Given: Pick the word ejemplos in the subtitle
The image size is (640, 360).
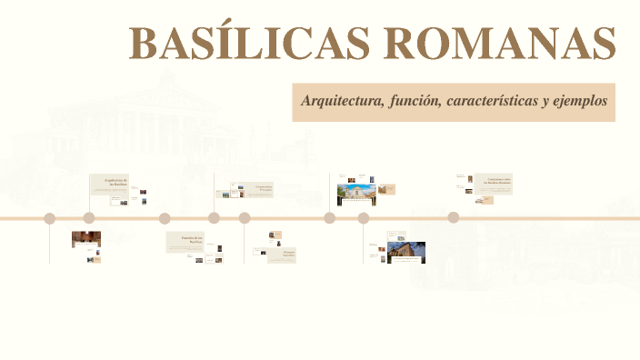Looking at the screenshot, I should (578, 101).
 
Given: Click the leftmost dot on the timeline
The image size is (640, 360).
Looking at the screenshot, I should (50, 218).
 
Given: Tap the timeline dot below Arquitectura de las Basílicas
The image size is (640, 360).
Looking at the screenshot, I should (89, 218).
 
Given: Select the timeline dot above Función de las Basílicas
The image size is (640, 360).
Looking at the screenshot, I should (165, 218).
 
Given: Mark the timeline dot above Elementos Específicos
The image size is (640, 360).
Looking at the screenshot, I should (245, 218).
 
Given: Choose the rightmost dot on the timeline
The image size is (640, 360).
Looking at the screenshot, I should (453, 218).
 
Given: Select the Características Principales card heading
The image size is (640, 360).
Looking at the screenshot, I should (264, 188).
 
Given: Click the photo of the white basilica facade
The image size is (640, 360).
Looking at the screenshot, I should (356, 194).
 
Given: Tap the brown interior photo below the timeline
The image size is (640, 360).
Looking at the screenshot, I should (86, 239).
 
